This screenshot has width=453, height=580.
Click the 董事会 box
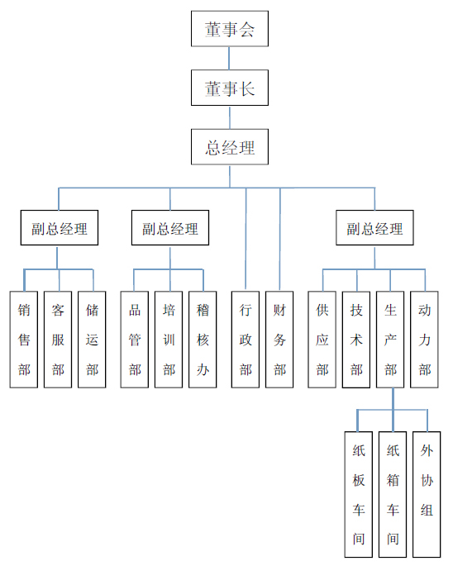[230, 28]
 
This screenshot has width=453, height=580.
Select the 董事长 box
[230, 88]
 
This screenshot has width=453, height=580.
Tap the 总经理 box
[230, 147]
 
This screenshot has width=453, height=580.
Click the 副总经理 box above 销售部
[60, 228]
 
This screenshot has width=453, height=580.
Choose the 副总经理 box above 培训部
[170, 228]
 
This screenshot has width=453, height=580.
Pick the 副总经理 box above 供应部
[374, 228]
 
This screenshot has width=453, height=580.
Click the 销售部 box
[24, 340]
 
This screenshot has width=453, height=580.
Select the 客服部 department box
[58, 340]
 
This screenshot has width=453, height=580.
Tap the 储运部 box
[92, 340]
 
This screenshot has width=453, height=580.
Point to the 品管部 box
[135, 340]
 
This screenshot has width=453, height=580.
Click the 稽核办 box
[203, 340]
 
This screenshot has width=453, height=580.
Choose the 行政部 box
[246, 340]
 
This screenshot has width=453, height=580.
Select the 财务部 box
[279, 340]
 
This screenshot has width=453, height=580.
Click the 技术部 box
[356, 340]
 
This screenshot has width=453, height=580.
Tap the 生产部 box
[390, 340]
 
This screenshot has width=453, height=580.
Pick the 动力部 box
[424, 340]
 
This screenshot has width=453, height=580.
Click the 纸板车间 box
[358, 495]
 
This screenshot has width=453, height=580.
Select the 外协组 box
[427, 495]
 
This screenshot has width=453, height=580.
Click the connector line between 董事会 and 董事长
[229, 59]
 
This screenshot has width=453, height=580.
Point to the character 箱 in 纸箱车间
[393, 481]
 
